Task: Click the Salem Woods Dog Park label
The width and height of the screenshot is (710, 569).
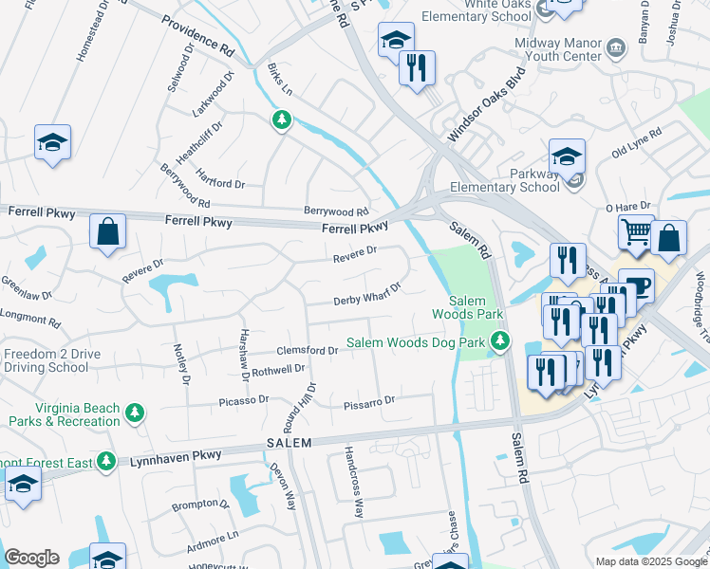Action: [x=415, y=342]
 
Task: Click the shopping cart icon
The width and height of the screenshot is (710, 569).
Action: [x=635, y=230]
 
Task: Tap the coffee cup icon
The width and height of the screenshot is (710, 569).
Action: [x=636, y=284]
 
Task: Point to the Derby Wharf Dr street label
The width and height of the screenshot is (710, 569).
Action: [x=367, y=293]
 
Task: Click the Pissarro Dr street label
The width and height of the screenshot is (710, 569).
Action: [x=368, y=402]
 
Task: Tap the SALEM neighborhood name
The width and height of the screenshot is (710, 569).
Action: [x=289, y=444]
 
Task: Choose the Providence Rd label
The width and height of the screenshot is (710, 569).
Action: [x=196, y=35]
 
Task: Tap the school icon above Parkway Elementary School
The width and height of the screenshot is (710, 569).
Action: [x=567, y=155]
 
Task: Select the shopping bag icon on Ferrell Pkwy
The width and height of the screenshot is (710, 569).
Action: [x=108, y=230]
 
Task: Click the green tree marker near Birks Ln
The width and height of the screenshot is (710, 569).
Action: [x=281, y=119]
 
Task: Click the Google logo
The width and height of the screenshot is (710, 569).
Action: [x=31, y=558]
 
